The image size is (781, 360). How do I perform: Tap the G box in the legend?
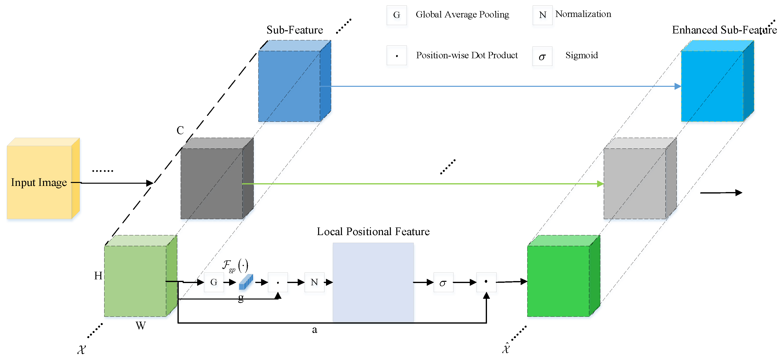click(x=396, y=15)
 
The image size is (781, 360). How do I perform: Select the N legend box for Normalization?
click(x=542, y=15)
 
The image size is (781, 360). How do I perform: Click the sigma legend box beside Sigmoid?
click(x=542, y=56)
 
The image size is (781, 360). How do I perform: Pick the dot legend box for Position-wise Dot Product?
click(x=397, y=56)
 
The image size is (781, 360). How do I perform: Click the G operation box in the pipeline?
click(x=214, y=282)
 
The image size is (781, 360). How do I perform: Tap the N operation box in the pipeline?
click(x=314, y=282)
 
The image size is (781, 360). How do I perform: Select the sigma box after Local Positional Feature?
click(x=443, y=283)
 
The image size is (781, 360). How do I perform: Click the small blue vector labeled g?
click(x=246, y=282)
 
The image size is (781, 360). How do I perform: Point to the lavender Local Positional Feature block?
click(x=373, y=282)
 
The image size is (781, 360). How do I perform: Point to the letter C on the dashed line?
click(x=180, y=130)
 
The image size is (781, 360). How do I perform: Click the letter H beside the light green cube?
click(x=98, y=276)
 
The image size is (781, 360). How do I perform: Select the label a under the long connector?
click(x=314, y=330)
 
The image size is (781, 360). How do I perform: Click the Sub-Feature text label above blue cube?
click(x=295, y=30)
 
